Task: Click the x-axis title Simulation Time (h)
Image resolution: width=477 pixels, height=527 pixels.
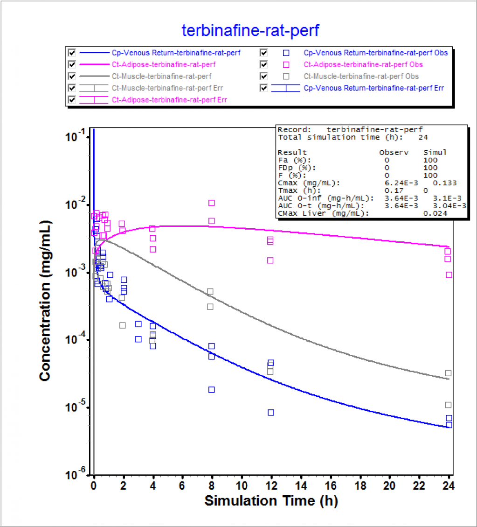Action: (271, 501)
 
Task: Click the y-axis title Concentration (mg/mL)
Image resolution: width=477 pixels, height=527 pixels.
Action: (45, 301)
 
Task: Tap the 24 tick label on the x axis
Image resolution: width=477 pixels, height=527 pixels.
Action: (449, 486)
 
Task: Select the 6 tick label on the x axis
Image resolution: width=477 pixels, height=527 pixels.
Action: (182, 486)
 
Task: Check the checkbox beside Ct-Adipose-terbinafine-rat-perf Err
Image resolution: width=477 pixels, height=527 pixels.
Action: (71, 99)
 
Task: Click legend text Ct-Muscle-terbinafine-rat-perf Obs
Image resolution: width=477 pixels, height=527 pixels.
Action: (361, 76)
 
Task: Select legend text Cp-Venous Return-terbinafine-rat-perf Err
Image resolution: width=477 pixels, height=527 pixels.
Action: (373, 88)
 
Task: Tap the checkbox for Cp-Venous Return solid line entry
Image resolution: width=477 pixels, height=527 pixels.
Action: (71, 53)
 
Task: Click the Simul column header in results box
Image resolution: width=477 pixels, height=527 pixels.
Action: (435, 153)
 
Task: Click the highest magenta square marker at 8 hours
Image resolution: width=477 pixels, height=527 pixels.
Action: (211, 203)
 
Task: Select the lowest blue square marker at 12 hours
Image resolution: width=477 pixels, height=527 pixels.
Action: (270, 412)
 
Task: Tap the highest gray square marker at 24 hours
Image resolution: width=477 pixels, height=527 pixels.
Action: (448, 373)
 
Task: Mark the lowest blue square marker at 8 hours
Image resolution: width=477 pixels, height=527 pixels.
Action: (211, 389)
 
